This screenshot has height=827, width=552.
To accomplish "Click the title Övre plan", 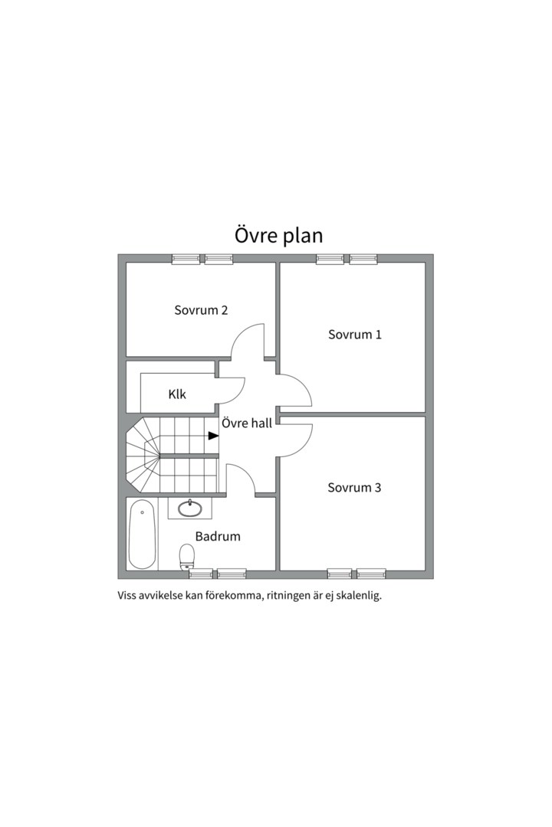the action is (278, 236).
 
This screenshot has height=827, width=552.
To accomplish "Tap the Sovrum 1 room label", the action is (354, 335).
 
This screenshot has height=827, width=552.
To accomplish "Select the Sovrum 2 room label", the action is (201, 310).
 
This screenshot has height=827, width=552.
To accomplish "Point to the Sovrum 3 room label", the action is (354, 487).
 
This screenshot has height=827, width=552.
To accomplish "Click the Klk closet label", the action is (177, 394).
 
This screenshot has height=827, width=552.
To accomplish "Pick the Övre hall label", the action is (247, 423).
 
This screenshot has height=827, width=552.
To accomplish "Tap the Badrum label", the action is (218, 536).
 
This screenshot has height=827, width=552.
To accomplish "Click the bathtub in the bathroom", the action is (142, 534).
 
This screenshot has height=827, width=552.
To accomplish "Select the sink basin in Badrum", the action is (189, 508).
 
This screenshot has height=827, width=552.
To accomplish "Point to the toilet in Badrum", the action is (187, 557).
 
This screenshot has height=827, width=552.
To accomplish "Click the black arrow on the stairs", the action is (213, 436).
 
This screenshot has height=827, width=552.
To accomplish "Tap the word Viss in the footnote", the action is (127, 596).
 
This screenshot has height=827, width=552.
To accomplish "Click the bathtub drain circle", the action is (142, 512).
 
